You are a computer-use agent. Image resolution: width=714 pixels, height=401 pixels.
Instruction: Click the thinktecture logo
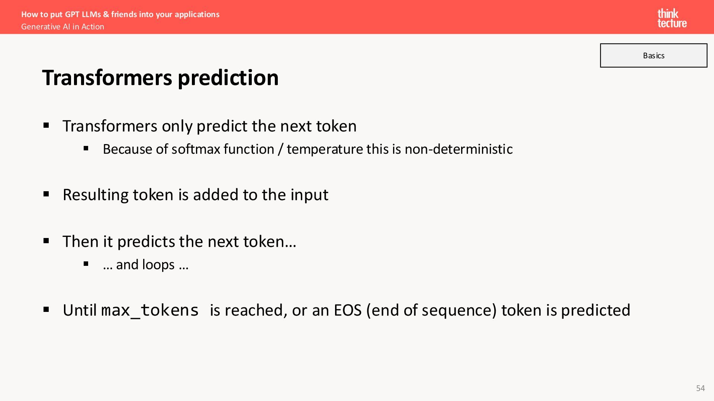672,18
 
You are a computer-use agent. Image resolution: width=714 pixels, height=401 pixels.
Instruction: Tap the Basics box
653,55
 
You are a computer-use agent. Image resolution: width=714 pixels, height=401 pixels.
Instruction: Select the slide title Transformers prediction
160,78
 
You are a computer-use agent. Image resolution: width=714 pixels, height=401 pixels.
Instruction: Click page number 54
700,388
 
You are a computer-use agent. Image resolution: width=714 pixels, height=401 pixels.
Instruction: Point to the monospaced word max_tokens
150,310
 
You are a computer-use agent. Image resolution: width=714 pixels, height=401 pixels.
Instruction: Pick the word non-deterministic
459,149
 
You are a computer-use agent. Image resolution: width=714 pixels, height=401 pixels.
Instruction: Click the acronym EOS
348,310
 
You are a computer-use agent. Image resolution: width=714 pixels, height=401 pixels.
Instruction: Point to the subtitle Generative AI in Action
62,27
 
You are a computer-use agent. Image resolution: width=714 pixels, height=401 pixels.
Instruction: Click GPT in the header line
72,14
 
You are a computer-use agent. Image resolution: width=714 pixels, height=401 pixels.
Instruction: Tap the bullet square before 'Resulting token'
46,194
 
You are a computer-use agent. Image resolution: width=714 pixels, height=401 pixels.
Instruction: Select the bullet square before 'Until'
46,309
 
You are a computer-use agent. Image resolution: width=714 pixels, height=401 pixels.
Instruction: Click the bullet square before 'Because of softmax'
86,149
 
